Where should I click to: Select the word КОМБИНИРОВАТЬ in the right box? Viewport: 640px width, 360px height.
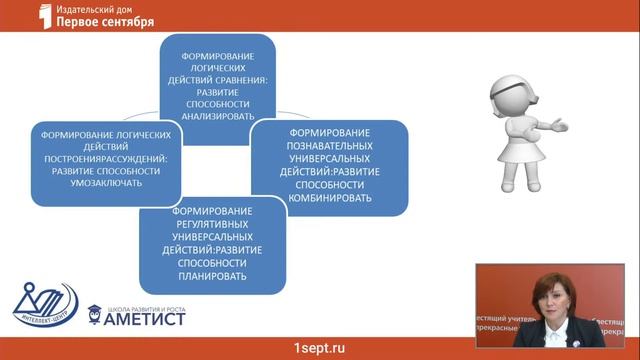coord(330,198)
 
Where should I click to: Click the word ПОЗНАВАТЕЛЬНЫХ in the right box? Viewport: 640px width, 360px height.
coord(330,146)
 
